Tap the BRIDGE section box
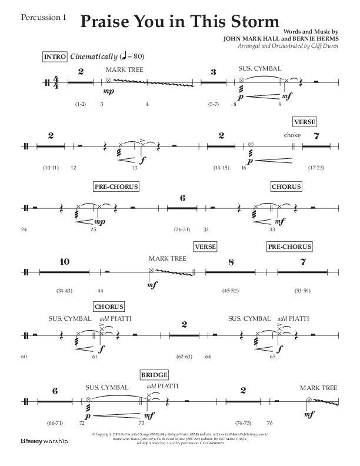[155, 375]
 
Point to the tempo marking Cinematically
[93, 56]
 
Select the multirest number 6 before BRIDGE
[55, 391]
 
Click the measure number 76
[269, 422]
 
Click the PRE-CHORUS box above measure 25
[116, 187]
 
